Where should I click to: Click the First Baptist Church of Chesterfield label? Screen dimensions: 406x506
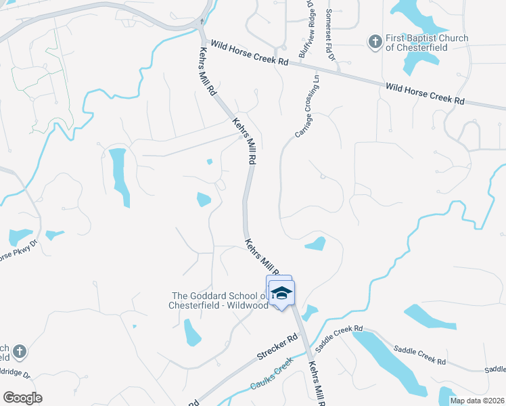tap(426, 43)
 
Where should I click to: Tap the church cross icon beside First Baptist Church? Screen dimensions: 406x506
tap(375, 43)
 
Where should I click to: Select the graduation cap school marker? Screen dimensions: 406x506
tap(281, 294)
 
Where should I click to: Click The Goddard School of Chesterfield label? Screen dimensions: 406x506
tap(221, 300)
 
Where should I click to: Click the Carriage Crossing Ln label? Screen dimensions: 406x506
tap(306, 112)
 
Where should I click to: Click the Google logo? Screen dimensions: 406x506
tap(22, 398)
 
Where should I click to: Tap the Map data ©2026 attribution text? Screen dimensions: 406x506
tap(478, 401)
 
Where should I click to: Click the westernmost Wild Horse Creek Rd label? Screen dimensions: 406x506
tap(250, 52)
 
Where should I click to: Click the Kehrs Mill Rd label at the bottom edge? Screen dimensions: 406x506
tap(317, 383)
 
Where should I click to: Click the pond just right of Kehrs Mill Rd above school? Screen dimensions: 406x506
tap(315, 244)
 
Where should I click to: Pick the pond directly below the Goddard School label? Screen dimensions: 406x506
tap(192, 332)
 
